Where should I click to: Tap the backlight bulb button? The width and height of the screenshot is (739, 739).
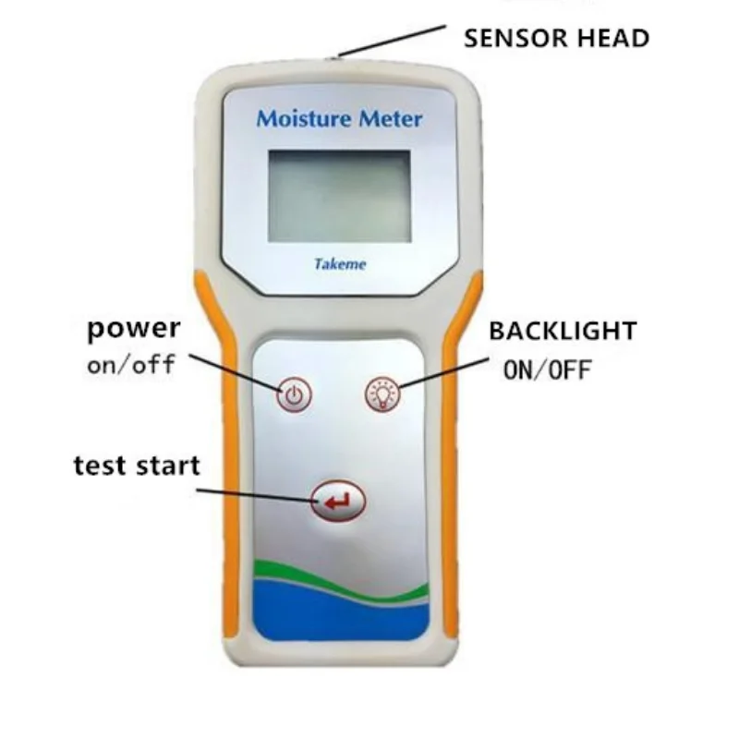(381, 394)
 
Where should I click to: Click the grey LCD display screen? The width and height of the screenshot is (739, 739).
(339, 196)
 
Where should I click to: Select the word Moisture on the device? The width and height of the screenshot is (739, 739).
(297, 119)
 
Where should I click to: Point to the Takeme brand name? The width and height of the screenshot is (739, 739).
(340, 264)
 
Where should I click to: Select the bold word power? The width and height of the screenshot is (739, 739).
(133, 330)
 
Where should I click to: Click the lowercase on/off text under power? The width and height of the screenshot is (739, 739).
(131, 364)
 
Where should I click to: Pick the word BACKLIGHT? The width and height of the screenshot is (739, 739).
(563, 331)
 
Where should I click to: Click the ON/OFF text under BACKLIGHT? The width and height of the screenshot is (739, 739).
(548, 369)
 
